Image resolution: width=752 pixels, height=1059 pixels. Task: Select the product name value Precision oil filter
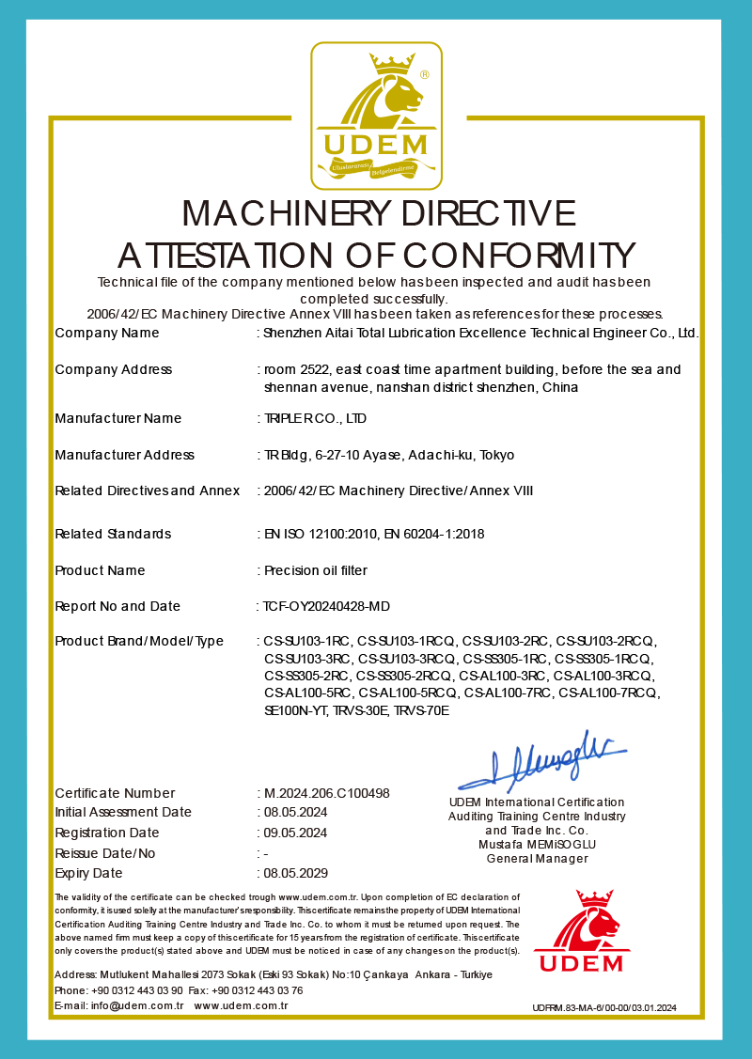click(x=315, y=570)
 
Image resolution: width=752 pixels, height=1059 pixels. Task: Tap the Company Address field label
click(x=114, y=369)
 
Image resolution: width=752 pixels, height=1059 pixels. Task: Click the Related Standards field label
click(x=113, y=534)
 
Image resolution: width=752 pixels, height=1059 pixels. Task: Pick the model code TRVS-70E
click(x=422, y=710)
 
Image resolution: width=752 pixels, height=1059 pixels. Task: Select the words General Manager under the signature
click(x=537, y=858)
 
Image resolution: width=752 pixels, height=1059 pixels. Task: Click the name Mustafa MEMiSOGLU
click(x=537, y=844)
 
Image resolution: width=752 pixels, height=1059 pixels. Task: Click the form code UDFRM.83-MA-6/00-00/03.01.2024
click(x=603, y=1008)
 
